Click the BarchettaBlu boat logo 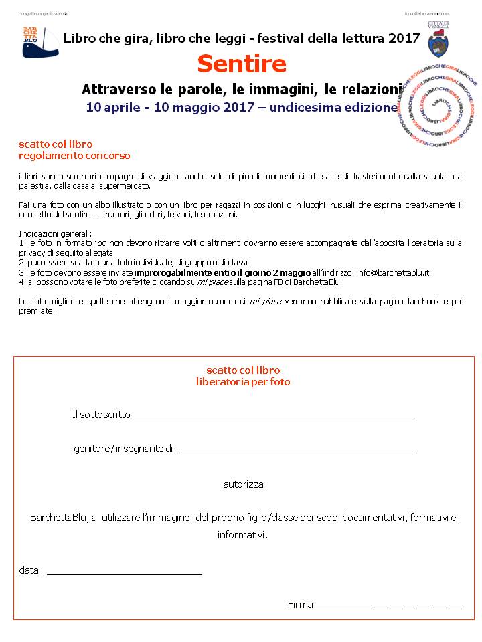point(40,42)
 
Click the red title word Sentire point(242,64)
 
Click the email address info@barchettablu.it point(392,273)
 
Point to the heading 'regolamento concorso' point(74,156)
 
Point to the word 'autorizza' point(243,484)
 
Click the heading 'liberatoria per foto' point(243,382)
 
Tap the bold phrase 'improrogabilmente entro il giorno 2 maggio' point(222,273)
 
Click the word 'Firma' point(300,605)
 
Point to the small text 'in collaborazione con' point(426,13)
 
